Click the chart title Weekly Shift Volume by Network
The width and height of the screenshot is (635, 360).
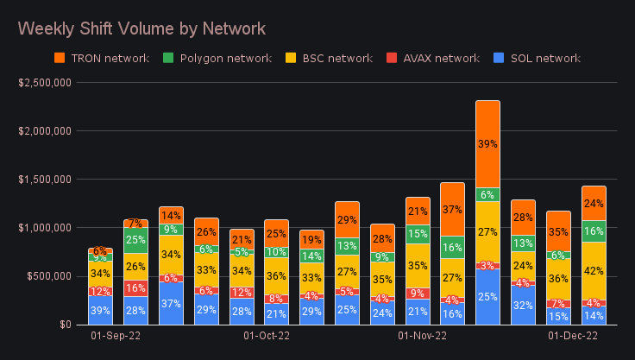point(141,28)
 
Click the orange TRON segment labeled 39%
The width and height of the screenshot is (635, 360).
point(488,144)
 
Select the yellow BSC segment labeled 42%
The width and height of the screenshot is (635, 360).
point(594,270)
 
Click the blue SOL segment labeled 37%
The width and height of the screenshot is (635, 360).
point(171,303)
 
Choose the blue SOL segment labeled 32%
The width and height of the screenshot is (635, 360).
point(524,305)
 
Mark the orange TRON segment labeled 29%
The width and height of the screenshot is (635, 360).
point(347,220)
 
